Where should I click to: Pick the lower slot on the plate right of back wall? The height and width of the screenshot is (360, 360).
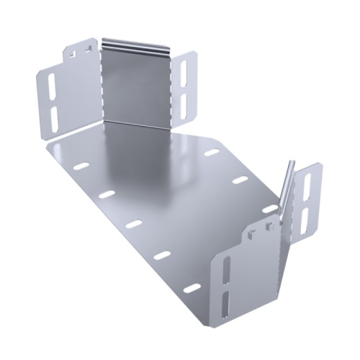[x=184, y=100]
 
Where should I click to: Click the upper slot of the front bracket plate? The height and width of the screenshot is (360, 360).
[x=225, y=269]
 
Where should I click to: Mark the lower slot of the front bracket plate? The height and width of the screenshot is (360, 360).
[x=225, y=302]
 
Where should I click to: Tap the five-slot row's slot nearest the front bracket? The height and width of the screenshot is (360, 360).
[x=192, y=288]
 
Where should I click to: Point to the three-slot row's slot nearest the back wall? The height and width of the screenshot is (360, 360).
[x=211, y=153]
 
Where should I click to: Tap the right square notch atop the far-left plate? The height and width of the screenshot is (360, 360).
[x=84, y=48]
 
